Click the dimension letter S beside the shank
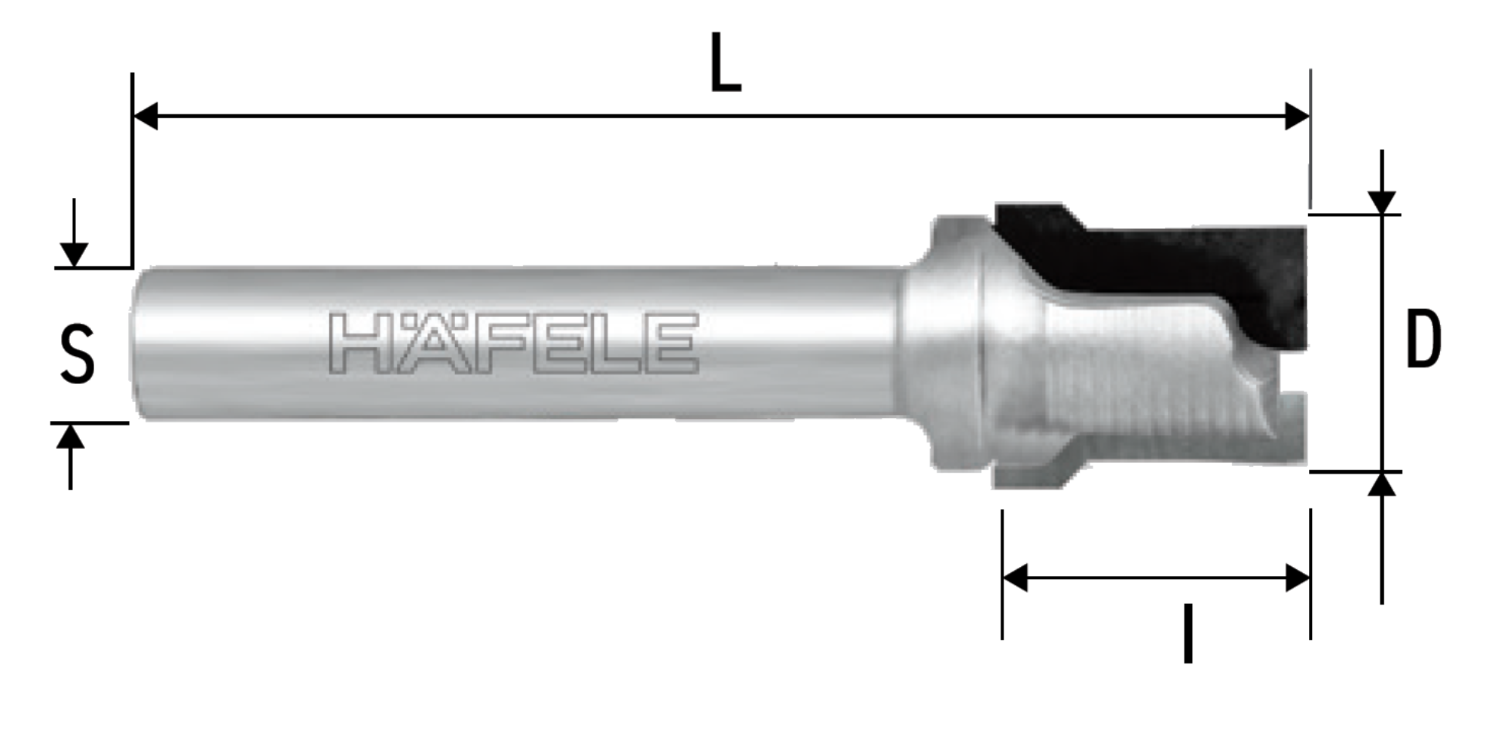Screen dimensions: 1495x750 [77, 354]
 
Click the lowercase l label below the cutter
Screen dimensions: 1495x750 [1188, 633]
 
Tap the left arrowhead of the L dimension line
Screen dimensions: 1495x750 [145, 117]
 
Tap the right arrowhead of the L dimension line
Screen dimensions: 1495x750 [1297, 117]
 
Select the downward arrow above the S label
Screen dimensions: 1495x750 [73, 233]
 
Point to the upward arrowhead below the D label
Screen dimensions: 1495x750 [1381, 484]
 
